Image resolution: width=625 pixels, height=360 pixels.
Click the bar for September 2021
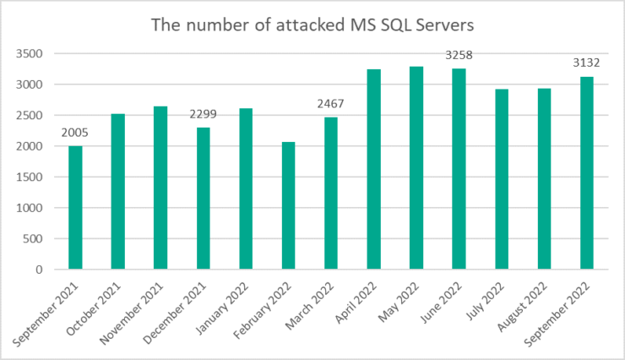click(76, 208)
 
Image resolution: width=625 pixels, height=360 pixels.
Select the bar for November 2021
click(160, 188)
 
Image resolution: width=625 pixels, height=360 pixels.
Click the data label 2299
click(204, 115)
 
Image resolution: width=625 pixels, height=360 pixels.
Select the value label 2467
click(331, 105)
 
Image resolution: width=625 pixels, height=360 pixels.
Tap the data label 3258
click(459, 56)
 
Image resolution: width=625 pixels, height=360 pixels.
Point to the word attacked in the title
click(302, 25)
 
